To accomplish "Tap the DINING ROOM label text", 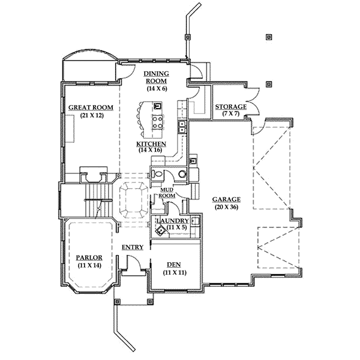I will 155,78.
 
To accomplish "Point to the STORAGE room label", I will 231,107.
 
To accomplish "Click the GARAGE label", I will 226,199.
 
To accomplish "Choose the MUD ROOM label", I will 167,193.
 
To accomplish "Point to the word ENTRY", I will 132,247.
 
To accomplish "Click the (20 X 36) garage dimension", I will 226,207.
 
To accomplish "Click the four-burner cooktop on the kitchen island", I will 158,122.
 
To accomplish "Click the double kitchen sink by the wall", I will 181,127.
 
